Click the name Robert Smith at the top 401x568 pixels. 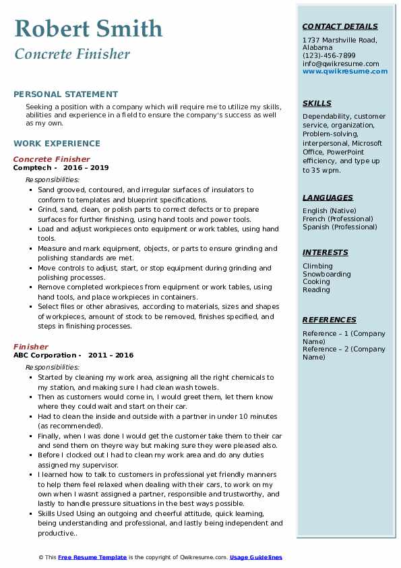click(88, 28)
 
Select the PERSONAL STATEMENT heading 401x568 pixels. click(65, 94)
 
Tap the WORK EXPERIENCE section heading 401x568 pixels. click(57, 143)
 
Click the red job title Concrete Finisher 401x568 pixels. click(51, 159)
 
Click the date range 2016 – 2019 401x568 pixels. click(87, 167)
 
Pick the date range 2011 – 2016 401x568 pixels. click(112, 355)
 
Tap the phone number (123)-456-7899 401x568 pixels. click(329, 56)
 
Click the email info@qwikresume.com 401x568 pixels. click(341, 63)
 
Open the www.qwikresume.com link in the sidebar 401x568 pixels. click(345, 71)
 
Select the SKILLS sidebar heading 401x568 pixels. click(317, 103)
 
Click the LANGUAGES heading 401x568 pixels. click(328, 198)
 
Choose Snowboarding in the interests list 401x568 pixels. click(327, 274)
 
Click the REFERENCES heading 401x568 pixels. click(329, 320)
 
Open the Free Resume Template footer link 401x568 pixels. click(92, 557)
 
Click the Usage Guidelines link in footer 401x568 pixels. click(256, 557)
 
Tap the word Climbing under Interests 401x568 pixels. click(317, 266)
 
